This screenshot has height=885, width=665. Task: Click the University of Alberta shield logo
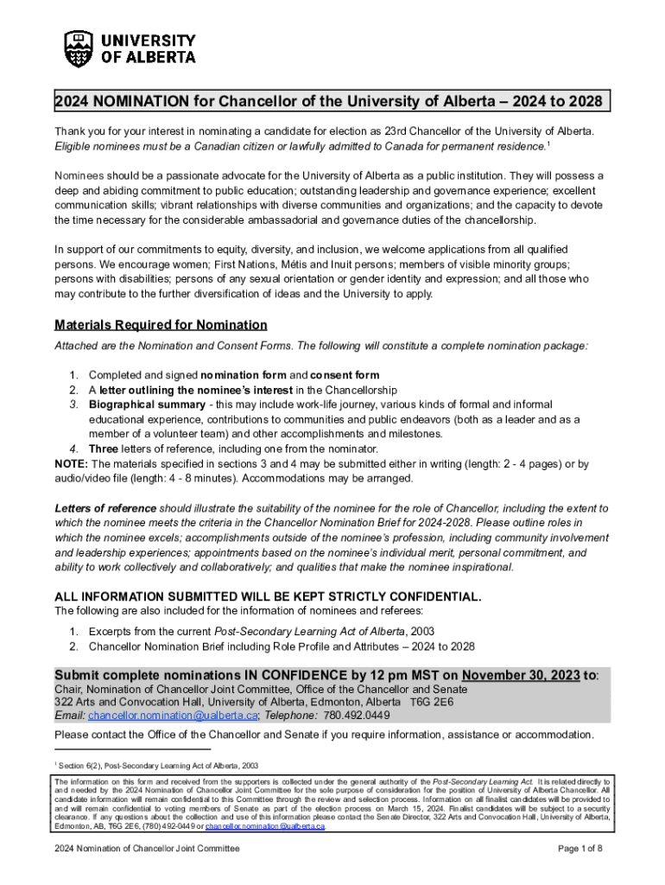point(79,48)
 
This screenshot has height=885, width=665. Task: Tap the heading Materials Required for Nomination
point(161,325)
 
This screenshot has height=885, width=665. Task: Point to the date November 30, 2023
point(521,675)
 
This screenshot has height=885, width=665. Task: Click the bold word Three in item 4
point(104,449)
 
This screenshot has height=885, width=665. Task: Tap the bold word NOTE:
point(71,464)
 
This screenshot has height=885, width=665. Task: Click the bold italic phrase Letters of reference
point(105,508)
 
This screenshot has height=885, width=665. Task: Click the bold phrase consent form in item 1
point(345,375)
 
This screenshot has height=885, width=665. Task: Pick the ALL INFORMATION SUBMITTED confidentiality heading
point(268,597)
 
